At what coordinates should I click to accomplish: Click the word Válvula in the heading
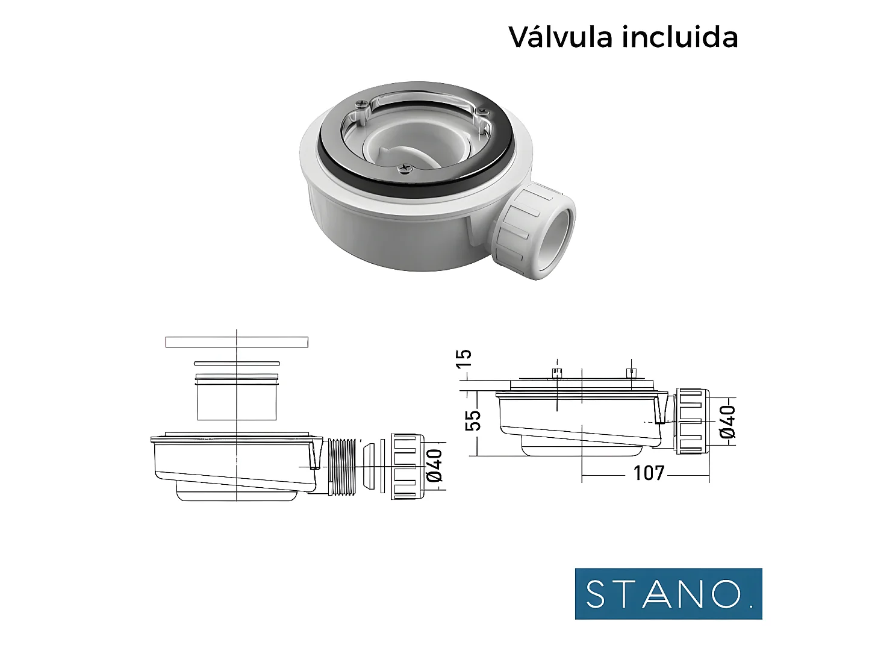pyautogui.click(x=561, y=37)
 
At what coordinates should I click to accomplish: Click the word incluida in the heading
pyautogui.click(x=680, y=37)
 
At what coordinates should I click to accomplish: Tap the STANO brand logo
pyautogui.click(x=668, y=594)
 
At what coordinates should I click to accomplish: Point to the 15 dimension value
pyautogui.click(x=464, y=360)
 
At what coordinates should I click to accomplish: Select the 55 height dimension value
pyautogui.click(x=475, y=420)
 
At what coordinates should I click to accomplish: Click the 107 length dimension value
pyautogui.click(x=649, y=473)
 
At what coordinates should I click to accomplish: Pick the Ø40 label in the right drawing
pyautogui.click(x=727, y=421)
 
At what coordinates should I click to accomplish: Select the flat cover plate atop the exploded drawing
pyautogui.click(x=237, y=342)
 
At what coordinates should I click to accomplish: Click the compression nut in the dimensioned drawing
pyautogui.click(x=692, y=421)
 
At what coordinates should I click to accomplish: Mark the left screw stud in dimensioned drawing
pyautogui.click(x=557, y=373)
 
